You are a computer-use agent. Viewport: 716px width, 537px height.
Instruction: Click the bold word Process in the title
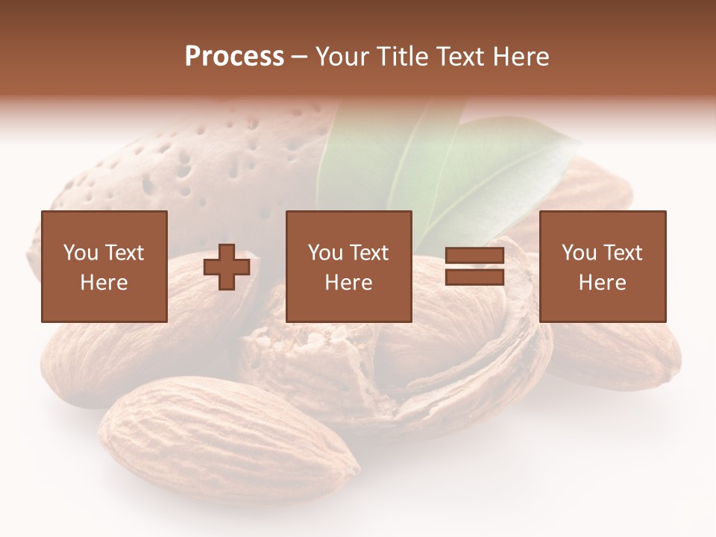(234, 56)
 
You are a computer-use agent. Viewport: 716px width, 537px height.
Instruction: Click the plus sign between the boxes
(227, 267)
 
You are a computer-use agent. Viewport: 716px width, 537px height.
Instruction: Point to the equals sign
(474, 266)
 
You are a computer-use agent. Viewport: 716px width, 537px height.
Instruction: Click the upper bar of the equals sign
(474, 256)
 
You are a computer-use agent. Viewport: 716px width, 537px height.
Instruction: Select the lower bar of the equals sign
(474, 277)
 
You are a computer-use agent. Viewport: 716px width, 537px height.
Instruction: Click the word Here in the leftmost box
(104, 283)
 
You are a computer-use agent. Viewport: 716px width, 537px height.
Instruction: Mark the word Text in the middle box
(369, 253)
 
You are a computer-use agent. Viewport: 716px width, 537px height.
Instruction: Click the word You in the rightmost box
(580, 253)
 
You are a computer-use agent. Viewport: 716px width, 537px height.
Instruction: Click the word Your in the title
(340, 56)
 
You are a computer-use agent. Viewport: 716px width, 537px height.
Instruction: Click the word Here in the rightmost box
(602, 283)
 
